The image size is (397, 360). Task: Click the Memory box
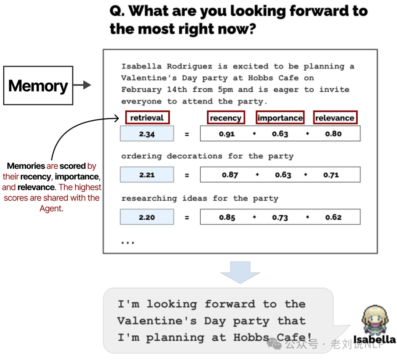[38, 86]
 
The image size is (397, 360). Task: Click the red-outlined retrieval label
[147, 118]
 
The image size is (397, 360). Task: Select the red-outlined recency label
[226, 118]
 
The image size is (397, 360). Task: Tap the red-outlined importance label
[280, 118]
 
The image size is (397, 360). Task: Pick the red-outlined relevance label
[335, 118]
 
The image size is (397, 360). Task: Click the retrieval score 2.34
[147, 134]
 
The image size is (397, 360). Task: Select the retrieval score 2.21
[147, 175]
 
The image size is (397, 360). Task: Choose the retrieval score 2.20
[147, 217]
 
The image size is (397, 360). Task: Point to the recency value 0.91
[227, 134]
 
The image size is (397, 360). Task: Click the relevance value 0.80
[333, 134]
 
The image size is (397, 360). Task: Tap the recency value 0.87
[230, 175]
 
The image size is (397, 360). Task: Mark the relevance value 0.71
[331, 175]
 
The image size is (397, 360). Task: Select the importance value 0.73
[280, 217]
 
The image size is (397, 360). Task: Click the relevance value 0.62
[333, 217]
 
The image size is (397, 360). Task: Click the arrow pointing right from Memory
[82, 85]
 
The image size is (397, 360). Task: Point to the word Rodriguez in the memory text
[189, 67]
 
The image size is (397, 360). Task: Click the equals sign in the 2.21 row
[187, 175]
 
